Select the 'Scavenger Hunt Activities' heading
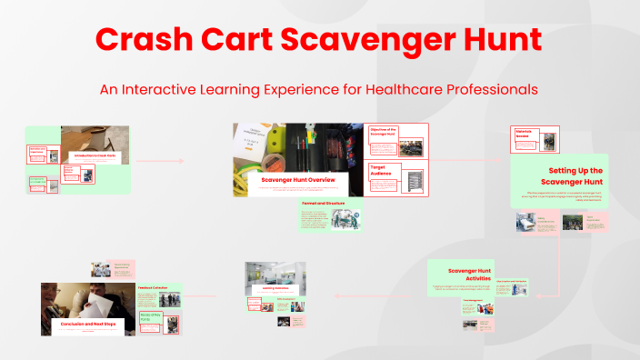coord(468,275)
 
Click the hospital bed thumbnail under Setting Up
coord(526,221)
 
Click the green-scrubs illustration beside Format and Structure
coord(345,219)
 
